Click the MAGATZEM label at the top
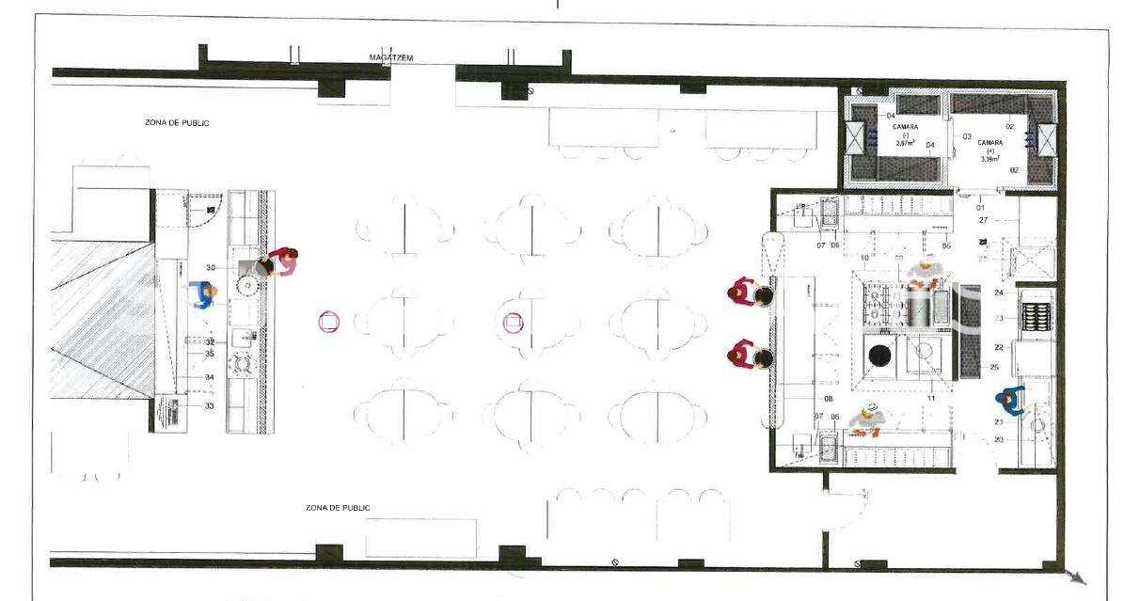(x=391, y=58)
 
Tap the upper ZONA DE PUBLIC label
(x=177, y=122)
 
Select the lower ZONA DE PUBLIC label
(x=338, y=508)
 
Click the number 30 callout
(x=211, y=268)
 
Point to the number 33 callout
(x=209, y=406)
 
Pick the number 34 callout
(x=209, y=377)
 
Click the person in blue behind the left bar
(x=202, y=295)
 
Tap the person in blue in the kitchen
(x=1012, y=402)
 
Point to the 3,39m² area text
(x=989, y=159)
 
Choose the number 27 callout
(x=982, y=220)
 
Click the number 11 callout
(x=931, y=400)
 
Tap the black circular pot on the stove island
(x=879, y=356)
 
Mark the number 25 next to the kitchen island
(x=994, y=367)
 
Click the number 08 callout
(x=829, y=400)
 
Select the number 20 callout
(x=998, y=439)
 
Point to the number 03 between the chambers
(x=967, y=136)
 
